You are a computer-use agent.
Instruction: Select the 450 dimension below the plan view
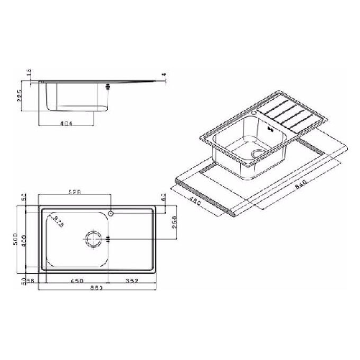pos(76,280)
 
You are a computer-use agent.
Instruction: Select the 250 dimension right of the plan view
pos(174,224)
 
